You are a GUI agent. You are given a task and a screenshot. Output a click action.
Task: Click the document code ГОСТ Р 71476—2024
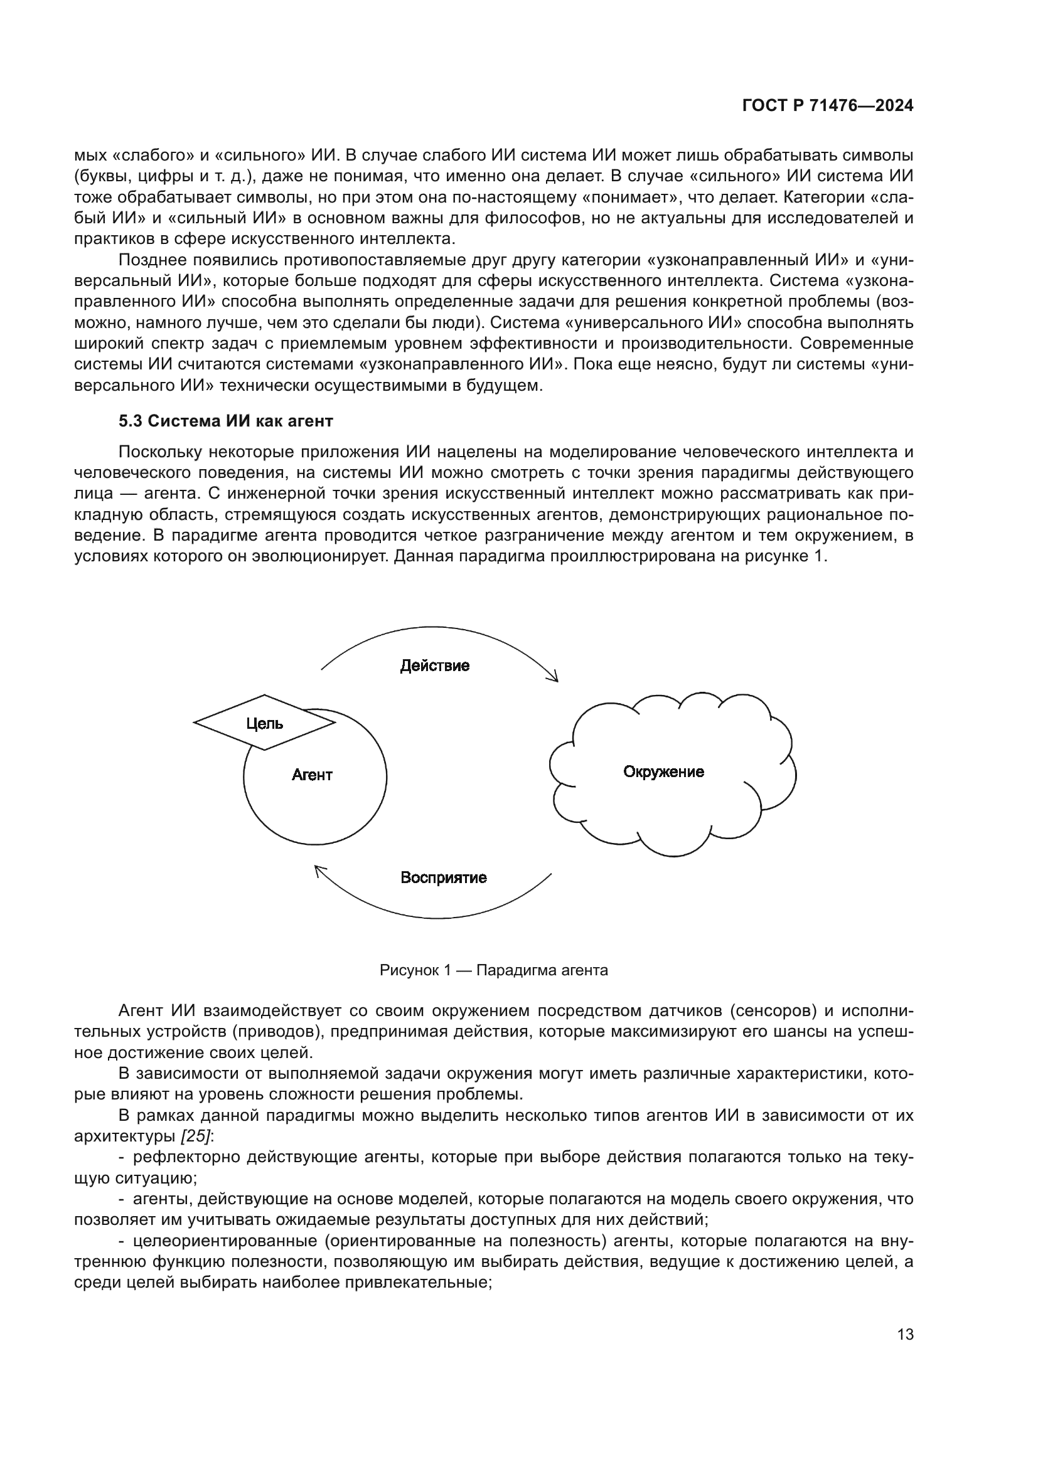[828, 106]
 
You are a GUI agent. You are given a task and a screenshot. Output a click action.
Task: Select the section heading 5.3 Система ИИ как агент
[226, 421]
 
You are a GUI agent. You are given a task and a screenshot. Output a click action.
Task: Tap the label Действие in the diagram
[435, 666]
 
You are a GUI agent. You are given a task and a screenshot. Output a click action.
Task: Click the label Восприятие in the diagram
[444, 877]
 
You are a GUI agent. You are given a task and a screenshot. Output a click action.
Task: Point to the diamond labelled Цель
[264, 723]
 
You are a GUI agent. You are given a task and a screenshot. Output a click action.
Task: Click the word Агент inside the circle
[312, 775]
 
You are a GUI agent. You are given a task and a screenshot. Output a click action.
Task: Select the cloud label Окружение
[663, 772]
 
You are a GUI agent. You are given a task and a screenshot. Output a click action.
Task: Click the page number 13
[905, 1334]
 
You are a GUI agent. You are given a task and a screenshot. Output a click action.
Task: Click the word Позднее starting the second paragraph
[151, 260]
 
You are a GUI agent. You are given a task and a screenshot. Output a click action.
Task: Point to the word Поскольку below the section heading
[159, 452]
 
